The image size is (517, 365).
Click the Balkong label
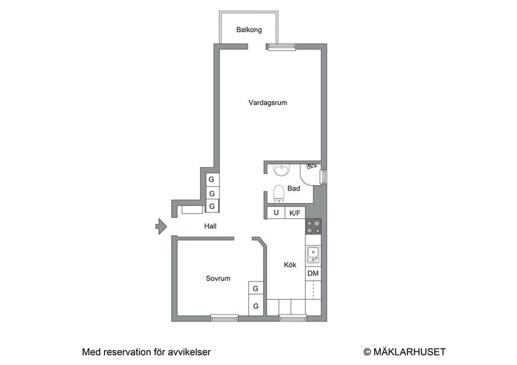coord(249,30)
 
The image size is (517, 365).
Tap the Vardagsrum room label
coord(268,102)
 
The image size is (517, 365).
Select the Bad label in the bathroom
coord(294,189)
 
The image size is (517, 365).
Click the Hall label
coord(210,226)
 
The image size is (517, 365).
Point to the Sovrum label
coord(218,279)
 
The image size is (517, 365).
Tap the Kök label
coord(290,265)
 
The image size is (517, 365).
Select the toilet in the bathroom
coord(278,192)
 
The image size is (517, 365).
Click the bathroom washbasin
coord(281,171)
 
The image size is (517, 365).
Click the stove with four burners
coord(313,226)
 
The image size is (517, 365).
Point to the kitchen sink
coord(313,254)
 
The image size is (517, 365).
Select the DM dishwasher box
coord(313,273)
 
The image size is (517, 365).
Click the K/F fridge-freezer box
coord(295,213)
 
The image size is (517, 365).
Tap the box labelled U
coord(276,212)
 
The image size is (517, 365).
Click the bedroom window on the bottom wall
coord(224,318)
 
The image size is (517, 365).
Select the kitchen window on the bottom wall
coord(292,318)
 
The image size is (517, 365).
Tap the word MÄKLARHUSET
coord(409,352)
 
